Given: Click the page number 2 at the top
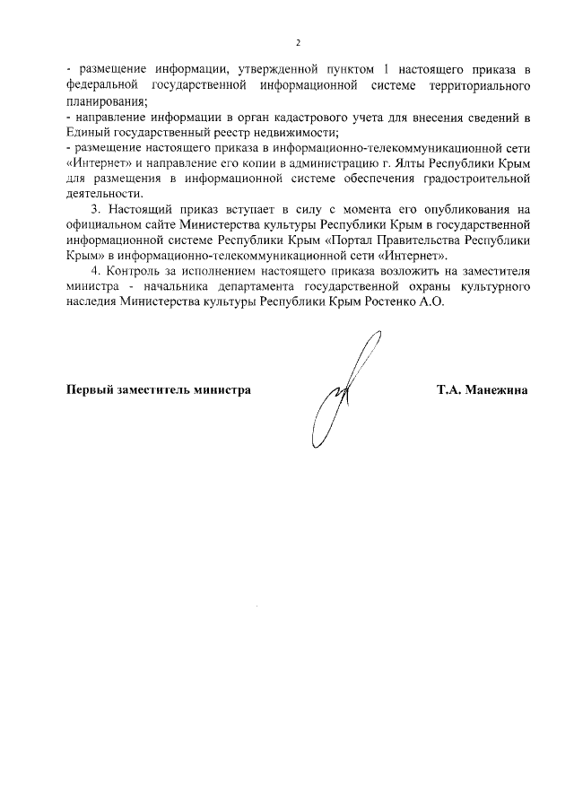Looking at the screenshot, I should click(298, 42).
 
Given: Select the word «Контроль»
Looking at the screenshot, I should click(136, 270).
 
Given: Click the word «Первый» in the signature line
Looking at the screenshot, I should click(92, 390).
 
